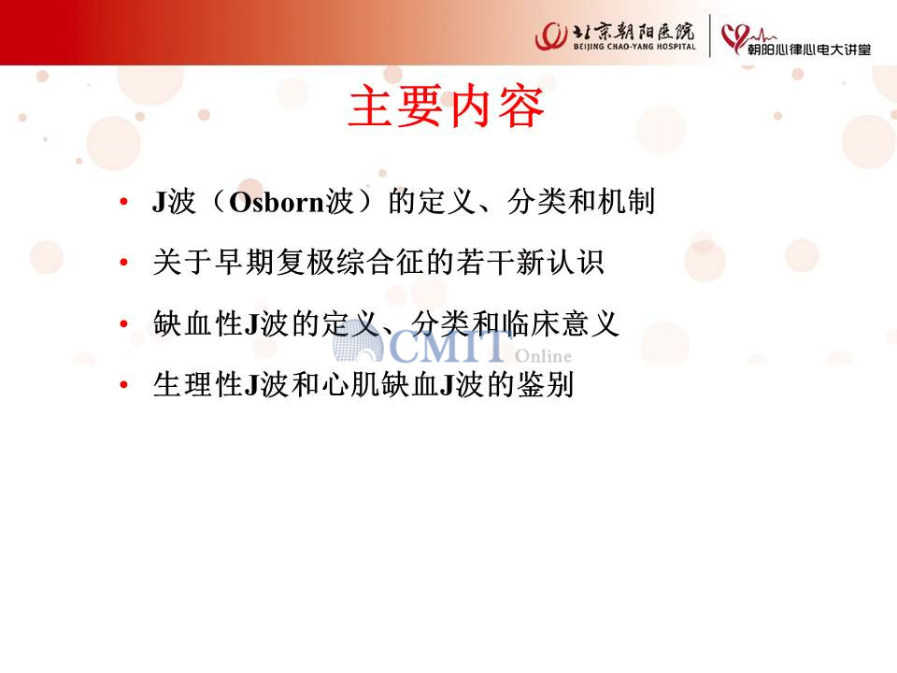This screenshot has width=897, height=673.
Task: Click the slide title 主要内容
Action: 446,107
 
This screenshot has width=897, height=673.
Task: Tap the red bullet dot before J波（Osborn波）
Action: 123,202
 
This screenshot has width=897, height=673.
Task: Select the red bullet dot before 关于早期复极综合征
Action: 123,263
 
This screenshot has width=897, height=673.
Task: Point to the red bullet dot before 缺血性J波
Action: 123,324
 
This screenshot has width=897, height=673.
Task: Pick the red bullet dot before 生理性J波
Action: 123,384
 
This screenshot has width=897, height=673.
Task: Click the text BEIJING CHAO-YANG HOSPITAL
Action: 634,47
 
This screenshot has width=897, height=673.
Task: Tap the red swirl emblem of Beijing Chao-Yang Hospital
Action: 551,36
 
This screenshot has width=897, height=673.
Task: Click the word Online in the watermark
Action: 543,356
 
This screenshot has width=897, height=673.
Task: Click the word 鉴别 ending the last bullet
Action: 545,384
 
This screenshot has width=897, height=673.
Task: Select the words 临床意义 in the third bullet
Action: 561,324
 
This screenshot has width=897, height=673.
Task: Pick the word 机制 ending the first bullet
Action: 626,202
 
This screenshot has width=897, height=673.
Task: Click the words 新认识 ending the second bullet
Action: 560,263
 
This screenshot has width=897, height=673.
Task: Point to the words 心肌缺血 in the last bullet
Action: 380,384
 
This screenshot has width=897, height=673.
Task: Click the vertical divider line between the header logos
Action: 710,36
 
